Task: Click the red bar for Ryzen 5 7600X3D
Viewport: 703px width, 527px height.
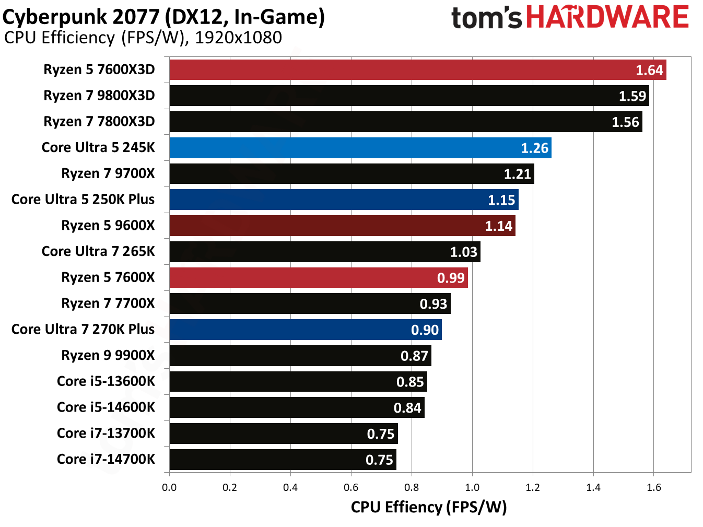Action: click(x=418, y=70)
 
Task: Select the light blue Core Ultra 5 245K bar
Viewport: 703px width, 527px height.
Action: click(x=360, y=148)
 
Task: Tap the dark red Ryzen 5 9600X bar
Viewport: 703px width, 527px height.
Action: click(x=342, y=226)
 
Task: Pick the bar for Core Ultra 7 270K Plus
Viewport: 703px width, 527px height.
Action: click(x=306, y=330)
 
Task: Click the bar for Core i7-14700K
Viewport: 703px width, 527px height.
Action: click(x=283, y=460)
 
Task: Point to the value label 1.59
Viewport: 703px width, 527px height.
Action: click(x=632, y=96)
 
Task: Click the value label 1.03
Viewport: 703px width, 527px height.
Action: click(x=463, y=252)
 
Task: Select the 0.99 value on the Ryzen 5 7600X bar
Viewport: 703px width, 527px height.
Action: click(x=450, y=278)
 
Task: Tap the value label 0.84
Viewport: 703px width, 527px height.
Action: click(x=407, y=408)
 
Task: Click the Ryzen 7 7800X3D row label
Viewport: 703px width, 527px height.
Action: click(x=99, y=122)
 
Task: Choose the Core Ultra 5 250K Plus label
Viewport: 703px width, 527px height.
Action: click(x=83, y=200)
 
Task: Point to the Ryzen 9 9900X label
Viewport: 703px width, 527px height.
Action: click(x=108, y=356)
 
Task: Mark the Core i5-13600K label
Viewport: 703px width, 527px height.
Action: click(x=106, y=381)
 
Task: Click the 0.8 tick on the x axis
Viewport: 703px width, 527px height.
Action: click(x=412, y=487)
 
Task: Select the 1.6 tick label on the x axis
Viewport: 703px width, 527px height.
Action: click(x=654, y=487)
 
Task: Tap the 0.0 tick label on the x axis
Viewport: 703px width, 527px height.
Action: click(x=169, y=487)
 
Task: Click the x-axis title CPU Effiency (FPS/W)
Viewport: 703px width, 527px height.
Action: click(x=428, y=507)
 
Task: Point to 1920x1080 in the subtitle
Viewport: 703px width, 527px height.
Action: click(x=238, y=38)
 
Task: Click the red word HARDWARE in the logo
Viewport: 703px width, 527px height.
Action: click(x=607, y=17)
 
